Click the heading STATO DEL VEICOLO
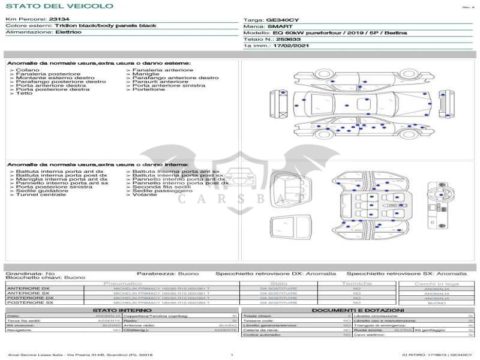click(59, 6)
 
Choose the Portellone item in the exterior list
click(149, 89)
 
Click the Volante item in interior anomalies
click(145, 194)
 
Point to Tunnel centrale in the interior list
click(41, 194)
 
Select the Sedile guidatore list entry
click(38, 191)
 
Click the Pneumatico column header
click(123, 283)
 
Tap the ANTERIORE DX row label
click(29, 289)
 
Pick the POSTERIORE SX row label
click(30, 303)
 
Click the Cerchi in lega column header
click(436, 283)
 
